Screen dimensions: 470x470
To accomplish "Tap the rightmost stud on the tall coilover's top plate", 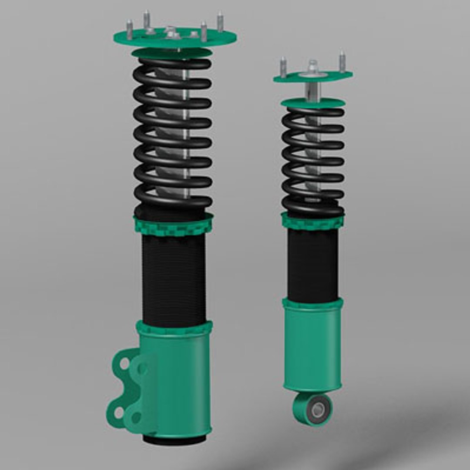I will click(x=220, y=22).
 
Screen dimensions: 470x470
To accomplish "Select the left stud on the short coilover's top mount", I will click(x=283, y=67).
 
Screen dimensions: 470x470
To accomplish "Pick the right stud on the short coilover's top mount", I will click(x=342, y=61).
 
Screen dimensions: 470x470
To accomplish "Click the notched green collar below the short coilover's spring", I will click(x=312, y=222).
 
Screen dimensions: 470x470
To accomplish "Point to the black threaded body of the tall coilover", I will click(x=174, y=279).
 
